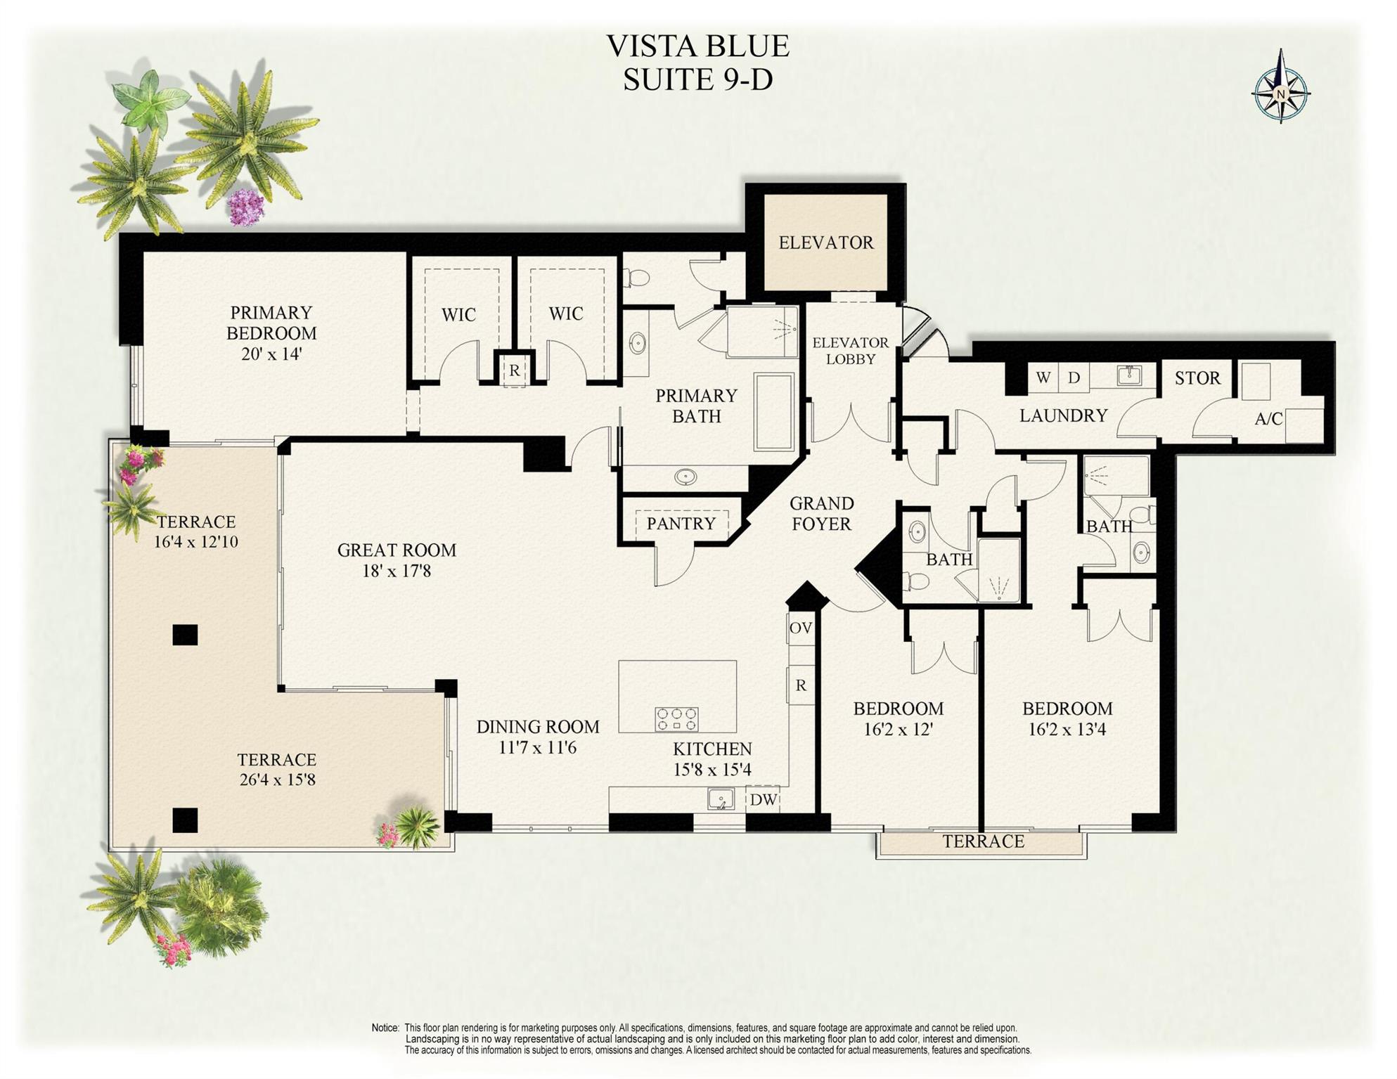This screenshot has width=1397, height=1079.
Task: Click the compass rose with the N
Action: pos(1280,94)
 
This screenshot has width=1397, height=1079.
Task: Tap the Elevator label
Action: pos(825,243)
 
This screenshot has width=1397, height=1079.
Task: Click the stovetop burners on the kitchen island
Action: pos(676,719)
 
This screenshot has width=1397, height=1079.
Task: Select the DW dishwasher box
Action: pos(763,799)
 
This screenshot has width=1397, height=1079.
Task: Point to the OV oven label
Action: pos(800,628)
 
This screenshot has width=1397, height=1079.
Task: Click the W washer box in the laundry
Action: pos(1043,377)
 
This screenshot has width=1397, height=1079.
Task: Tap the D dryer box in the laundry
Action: pos(1074,377)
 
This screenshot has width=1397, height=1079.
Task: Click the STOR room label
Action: pos(1197,378)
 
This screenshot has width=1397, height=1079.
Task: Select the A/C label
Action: pos(1268,419)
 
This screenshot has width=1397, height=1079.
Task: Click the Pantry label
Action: pos(681,524)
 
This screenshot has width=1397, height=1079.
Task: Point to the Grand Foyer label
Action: pos(821,514)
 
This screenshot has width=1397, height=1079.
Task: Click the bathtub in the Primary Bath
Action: pos(774,412)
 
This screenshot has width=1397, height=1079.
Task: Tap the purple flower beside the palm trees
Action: pos(245,207)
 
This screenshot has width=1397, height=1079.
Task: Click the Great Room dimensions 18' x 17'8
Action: pos(397,571)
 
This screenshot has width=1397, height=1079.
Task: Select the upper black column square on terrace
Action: pos(185,635)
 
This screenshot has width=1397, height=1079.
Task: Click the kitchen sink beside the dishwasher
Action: pos(721,799)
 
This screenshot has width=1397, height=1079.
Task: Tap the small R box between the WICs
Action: pos(515,370)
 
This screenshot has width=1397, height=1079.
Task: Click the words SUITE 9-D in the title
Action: pos(697,79)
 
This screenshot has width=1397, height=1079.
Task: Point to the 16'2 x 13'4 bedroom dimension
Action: pos(1067,730)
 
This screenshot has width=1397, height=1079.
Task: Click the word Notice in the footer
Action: pos(385,1028)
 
